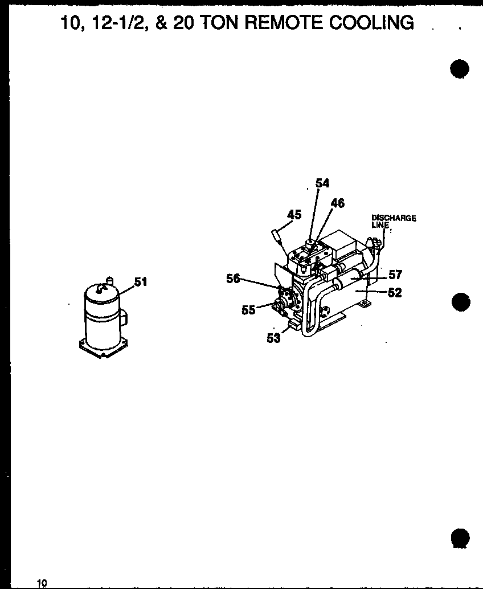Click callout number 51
(140, 281)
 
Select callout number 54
(322, 183)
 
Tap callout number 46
(337, 203)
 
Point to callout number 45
(294, 214)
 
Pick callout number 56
(233, 279)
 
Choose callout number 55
(248, 310)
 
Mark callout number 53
(274, 338)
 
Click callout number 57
(395, 275)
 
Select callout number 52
(395, 293)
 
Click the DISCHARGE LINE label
(393, 221)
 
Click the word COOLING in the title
(369, 22)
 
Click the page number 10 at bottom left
(42, 582)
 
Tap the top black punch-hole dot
(459, 68)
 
